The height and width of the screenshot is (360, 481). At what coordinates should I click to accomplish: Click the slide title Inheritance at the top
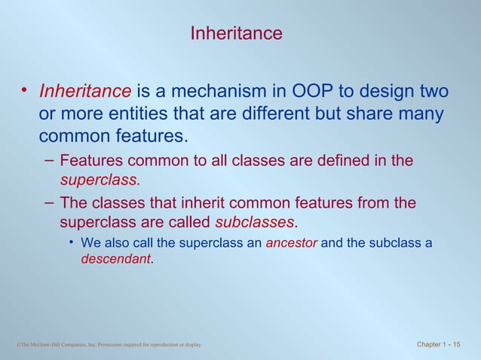pos(236,34)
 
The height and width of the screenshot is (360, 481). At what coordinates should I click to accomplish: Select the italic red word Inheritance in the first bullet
pos(85,92)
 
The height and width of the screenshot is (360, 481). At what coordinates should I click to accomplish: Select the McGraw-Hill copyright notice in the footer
pos(109,346)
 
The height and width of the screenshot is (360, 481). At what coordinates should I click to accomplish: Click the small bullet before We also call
pos(71,243)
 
